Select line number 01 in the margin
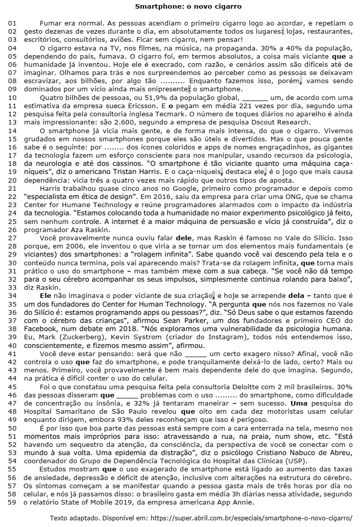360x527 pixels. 12,23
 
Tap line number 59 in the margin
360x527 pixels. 12,503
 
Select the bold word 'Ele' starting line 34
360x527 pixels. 45,295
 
